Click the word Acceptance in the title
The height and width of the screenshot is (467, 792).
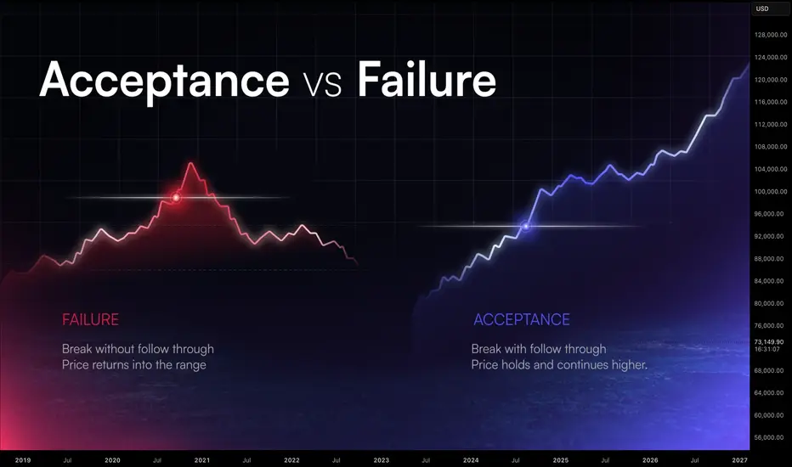tap(164, 81)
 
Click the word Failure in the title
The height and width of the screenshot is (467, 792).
tap(427, 79)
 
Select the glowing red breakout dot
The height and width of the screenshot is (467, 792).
tap(176, 197)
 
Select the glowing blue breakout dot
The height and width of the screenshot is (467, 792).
tap(526, 226)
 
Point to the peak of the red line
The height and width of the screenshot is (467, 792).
tap(190, 163)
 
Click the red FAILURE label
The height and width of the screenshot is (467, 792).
tap(90, 319)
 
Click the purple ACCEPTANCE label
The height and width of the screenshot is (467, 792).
tap(522, 319)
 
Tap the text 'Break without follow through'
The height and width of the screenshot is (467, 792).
tap(138, 349)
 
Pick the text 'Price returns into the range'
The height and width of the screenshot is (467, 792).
tap(134, 364)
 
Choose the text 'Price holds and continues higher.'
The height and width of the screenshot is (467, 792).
tap(559, 364)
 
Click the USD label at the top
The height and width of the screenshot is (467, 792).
tap(762, 8)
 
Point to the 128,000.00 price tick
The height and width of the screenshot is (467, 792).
tap(771, 35)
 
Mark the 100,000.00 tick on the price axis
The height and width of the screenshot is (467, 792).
tap(771, 192)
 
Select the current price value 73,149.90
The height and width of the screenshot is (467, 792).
tap(769, 342)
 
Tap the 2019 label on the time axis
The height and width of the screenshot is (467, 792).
tap(23, 460)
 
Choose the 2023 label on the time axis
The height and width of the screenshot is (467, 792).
tap(382, 460)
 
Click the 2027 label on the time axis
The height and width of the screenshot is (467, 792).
tap(739, 460)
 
